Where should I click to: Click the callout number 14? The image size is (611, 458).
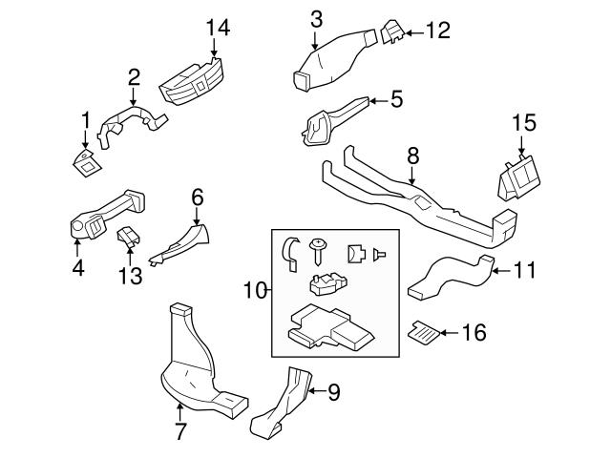(x=219, y=30)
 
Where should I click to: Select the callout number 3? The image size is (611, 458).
(x=316, y=17)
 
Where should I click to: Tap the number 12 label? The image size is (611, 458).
(x=437, y=32)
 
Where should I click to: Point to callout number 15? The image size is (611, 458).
(x=524, y=122)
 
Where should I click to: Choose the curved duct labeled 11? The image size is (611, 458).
(x=449, y=278)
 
